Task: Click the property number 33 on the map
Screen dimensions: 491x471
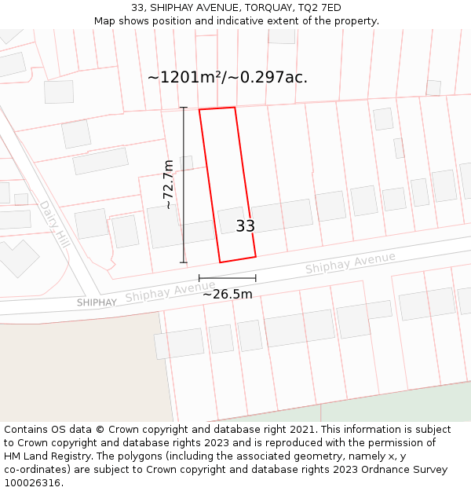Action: [x=246, y=226]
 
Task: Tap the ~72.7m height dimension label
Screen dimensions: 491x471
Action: [x=168, y=185]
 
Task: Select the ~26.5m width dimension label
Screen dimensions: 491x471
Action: [x=228, y=295]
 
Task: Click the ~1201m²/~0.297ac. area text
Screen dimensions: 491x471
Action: [x=228, y=77]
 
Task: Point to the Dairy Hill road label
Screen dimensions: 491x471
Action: [x=55, y=224]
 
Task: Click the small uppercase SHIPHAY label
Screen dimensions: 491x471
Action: [x=97, y=302]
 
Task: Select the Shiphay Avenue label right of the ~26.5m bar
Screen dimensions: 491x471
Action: [x=350, y=264]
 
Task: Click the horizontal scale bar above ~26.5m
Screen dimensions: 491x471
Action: [x=228, y=278]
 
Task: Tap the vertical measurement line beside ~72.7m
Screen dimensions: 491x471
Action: [x=184, y=185]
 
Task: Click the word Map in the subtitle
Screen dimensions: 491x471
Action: [x=104, y=20]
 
